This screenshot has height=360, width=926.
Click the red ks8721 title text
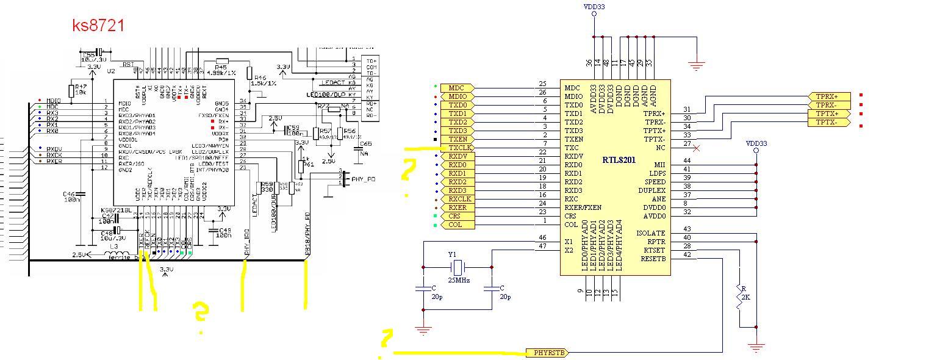[x=98, y=25]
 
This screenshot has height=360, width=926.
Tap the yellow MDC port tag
[x=456, y=88]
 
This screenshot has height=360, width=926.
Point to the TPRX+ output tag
[x=828, y=96]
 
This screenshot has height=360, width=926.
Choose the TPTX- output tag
[x=828, y=123]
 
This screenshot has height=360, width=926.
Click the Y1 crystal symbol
[x=458, y=267]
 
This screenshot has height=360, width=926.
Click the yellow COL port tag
[x=456, y=225]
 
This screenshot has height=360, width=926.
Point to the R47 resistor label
[x=81, y=87]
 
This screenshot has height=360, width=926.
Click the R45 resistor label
[x=221, y=67]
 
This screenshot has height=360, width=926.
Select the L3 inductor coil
[x=118, y=254]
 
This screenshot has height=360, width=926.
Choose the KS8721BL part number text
[x=115, y=210]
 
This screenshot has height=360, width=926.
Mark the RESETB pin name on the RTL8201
[x=653, y=259]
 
